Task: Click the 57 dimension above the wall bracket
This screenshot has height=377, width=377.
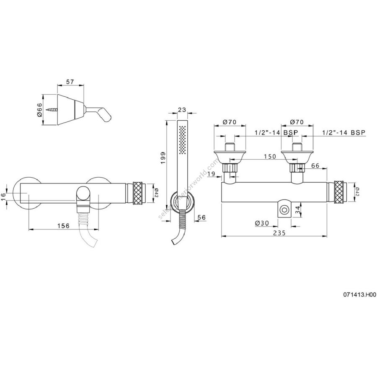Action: (x=70, y=82)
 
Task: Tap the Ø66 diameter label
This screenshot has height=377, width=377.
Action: (x=40, y=110)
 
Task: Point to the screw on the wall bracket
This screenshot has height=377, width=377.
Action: (x=53, y=110)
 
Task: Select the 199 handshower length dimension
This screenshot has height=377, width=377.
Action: (x=163, y=158)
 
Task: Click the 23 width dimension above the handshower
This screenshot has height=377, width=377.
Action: (x=182, y=110)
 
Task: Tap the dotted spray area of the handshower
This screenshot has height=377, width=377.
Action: (x=183, y=139)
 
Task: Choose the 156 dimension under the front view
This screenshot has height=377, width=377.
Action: (x=64, y=225)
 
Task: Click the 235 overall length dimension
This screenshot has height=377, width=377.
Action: (x=279, y=233)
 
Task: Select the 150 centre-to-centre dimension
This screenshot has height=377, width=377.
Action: (x=270, y=156)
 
